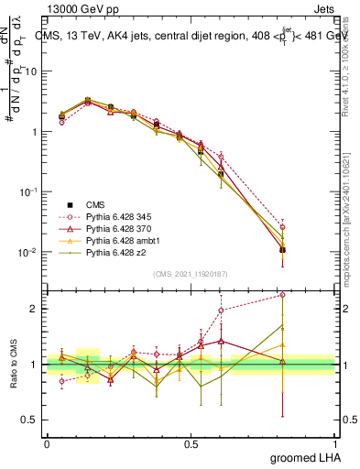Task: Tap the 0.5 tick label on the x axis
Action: [191, 443]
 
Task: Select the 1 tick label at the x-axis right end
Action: [335, 443]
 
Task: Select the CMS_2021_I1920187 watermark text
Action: [191, 273]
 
